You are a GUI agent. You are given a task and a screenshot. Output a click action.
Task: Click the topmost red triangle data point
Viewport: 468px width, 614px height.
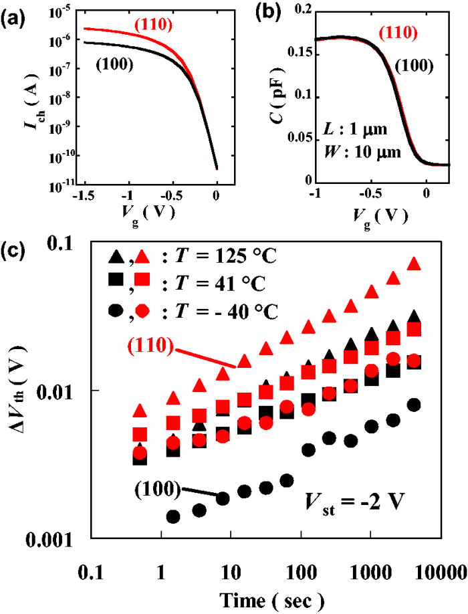414,264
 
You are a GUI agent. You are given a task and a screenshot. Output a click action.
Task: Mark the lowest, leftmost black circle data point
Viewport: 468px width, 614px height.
154,516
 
